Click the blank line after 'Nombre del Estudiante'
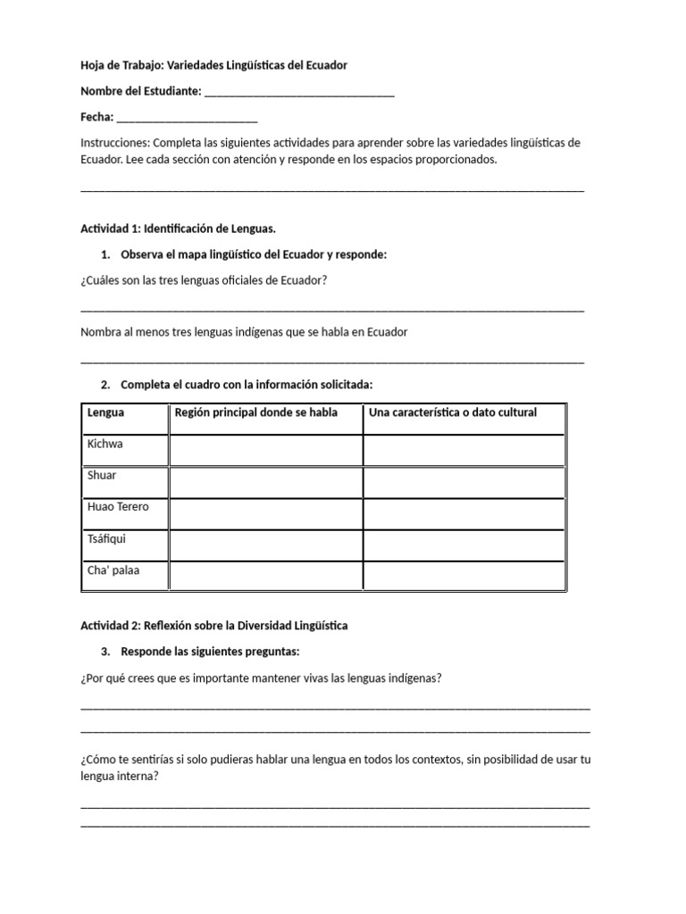click(299, 93)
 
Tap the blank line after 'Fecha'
click(187, 119)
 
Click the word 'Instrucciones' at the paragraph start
click(114, 143)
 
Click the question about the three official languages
click(204, 280)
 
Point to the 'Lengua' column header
click(106, 413)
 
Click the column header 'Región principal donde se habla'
click(256, 413)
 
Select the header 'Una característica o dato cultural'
click(454, 413)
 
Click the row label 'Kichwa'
click(105, 444)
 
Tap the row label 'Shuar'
click(102, 475)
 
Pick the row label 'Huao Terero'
click(118, 507)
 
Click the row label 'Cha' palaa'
click(113, 569)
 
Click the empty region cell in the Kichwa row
click(265, 450)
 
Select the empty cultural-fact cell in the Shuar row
click(464, 482)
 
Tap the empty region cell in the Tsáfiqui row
click(265, 544)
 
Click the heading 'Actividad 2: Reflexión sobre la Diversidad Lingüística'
click(214, 626)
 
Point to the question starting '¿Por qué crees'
click(261, 678)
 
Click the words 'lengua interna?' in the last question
click(120, 777)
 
